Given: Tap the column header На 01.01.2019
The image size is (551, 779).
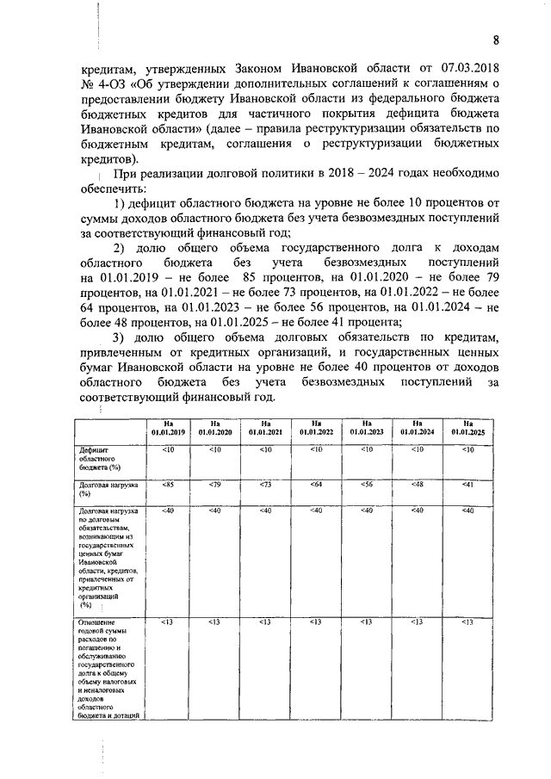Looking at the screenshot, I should [x=168, y=427].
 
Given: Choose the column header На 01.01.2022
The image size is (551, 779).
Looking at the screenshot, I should [x=316, y=427].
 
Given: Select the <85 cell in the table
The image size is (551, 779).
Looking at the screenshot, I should [x=168, y=485].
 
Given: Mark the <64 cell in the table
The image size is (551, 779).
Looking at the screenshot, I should [x=316, y=485].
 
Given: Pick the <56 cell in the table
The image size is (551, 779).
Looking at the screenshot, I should [x=368, y=485].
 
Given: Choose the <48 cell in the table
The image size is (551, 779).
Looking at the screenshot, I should [x=418, y=485].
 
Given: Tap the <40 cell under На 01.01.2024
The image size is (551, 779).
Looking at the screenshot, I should [x=418, y=511].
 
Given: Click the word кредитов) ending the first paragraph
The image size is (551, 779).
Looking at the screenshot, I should [x=108, y=160].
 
